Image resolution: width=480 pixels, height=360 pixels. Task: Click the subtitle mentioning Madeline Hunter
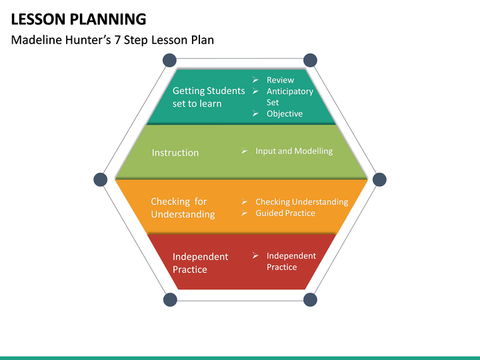pos(113,40)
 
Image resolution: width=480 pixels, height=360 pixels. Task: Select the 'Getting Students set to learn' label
pos(208,97)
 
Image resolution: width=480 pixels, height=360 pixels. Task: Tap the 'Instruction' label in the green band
pos(175,153)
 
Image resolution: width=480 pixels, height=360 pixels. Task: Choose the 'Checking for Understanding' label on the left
pos(183,208)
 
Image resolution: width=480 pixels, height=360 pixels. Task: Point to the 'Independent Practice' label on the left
pos(200,263)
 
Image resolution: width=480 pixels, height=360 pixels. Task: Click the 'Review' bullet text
pos(280,80)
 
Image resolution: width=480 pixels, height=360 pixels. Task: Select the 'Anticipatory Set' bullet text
pos(289,97)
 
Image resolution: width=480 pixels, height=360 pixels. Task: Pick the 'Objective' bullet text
pos(285,113)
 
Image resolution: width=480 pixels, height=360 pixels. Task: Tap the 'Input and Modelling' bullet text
pos(294,151)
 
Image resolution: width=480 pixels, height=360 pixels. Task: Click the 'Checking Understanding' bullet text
pos(301,202)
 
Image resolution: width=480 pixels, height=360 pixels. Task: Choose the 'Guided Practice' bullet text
pos(285,213)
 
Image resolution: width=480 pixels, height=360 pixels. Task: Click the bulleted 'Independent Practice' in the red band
pos(291,261)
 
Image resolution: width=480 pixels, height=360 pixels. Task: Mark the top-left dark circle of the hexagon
pos(170,59)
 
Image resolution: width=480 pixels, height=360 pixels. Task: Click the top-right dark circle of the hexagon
pos(310,59)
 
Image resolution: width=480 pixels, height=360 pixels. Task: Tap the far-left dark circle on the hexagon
pos(101,179)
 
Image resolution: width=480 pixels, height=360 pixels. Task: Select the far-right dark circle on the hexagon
pos(379,179)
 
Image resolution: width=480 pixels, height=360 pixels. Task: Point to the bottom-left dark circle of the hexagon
pos(170,300)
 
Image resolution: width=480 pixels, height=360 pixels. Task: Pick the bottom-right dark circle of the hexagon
pos(310,300)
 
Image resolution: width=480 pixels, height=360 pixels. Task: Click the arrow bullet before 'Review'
pos(255,80)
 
